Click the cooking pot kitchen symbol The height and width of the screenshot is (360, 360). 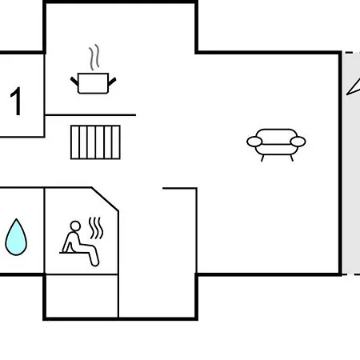pos(93,83)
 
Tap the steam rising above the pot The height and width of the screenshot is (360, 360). pos(94,57)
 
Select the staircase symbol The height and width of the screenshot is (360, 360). pos(95,142)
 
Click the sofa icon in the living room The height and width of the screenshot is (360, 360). pos(276,145)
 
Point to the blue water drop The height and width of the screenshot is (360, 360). pos(16,237)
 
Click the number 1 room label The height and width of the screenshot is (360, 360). pos(16,102)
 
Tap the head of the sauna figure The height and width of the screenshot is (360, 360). pos(75,226)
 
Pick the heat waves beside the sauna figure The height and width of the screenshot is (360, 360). pos(96,228)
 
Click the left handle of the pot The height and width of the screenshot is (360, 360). pos(74,82)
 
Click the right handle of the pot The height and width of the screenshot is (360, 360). pos(112,82)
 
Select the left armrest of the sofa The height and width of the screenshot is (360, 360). pos(254,142)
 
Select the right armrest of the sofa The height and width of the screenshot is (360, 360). pos(298,142)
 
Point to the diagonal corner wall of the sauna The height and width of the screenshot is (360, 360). pos(105,199)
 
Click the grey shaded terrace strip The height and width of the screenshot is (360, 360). pos(351,163)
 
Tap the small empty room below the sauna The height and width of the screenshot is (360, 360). pos(82,296)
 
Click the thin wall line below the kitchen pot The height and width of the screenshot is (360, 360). pos(90,115)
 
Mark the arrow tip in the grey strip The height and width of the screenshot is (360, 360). pos(347,94)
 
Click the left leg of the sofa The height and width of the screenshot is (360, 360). pos(262,158)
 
